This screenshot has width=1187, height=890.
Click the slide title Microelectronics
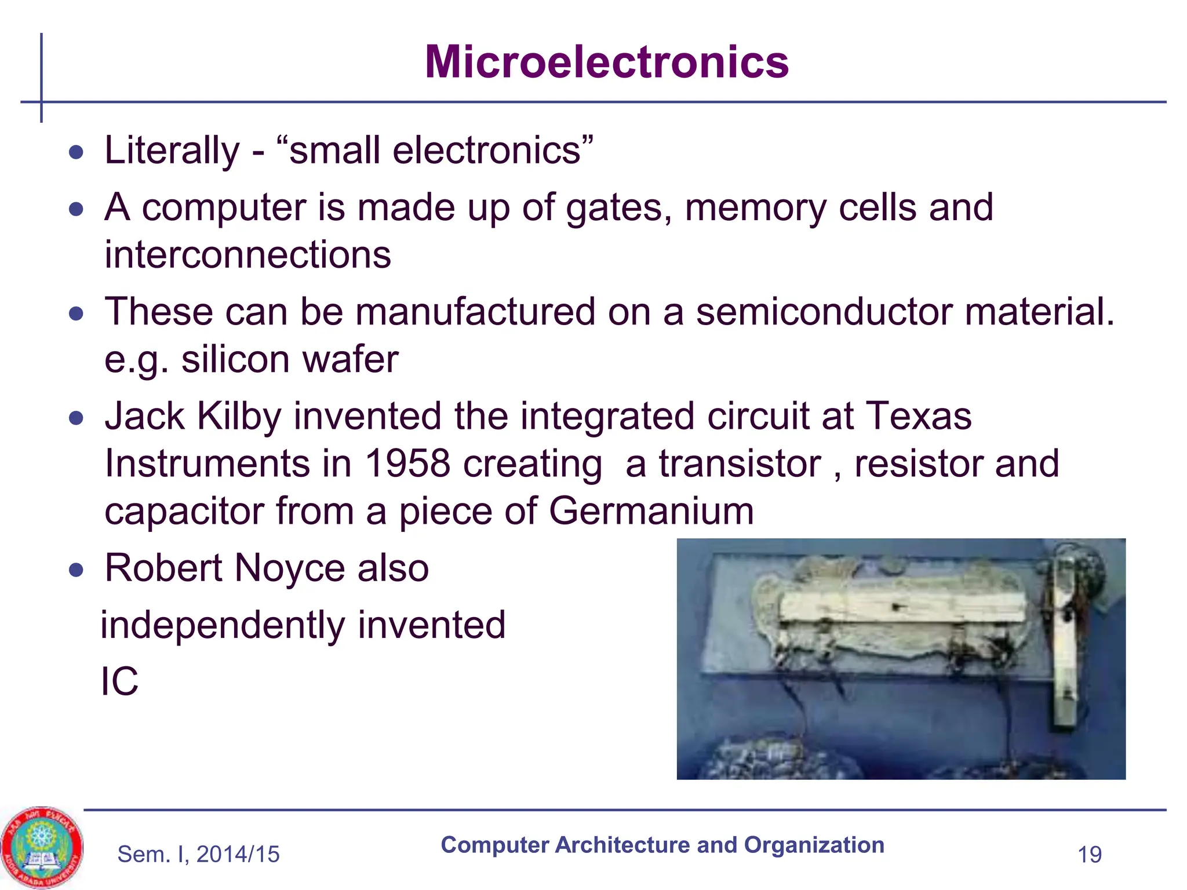tap(606, 62)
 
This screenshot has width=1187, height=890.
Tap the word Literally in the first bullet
tap(172, 151)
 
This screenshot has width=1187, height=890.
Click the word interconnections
tap(247, 255)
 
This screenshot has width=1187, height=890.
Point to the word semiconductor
tap(824, 312)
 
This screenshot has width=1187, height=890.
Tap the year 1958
tap(407, 464)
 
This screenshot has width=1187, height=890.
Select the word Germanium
tap(651, 511)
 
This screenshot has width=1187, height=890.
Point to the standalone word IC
tap(119, 681)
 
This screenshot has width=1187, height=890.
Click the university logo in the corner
tap(41, 847)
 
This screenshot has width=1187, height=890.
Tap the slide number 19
tap(1089, 855)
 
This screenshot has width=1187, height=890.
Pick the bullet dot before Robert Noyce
tap(76, 570)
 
